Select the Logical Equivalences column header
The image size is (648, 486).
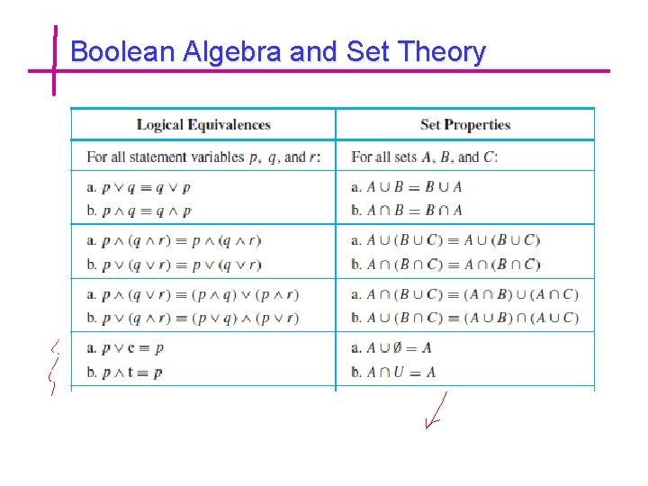203,125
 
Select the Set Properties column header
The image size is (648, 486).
465,125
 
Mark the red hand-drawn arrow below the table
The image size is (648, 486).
436,411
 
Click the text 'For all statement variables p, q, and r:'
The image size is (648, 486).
203,157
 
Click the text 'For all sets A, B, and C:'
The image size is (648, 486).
424,157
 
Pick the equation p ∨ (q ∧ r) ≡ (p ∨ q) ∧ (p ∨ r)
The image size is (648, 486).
201,318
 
